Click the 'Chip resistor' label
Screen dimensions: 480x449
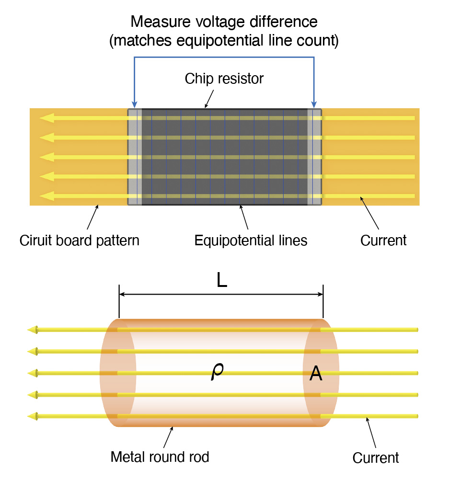point(224,79)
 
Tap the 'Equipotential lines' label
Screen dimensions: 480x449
point(251,240)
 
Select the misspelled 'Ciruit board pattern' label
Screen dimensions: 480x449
point(79,240)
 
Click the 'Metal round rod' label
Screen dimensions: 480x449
point(160,457)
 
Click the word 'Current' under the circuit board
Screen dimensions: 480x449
point(383,240)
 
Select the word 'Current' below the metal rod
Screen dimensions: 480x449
point(375,457)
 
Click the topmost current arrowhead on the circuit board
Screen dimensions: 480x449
point(47,118)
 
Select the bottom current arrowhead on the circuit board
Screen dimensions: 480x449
point(47,196)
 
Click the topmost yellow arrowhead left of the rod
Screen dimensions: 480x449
point(33,330)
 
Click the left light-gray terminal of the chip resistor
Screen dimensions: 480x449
point(135,157)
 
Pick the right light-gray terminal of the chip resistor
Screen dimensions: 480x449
point(314,157)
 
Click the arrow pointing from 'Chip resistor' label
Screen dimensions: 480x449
point(208,101)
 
